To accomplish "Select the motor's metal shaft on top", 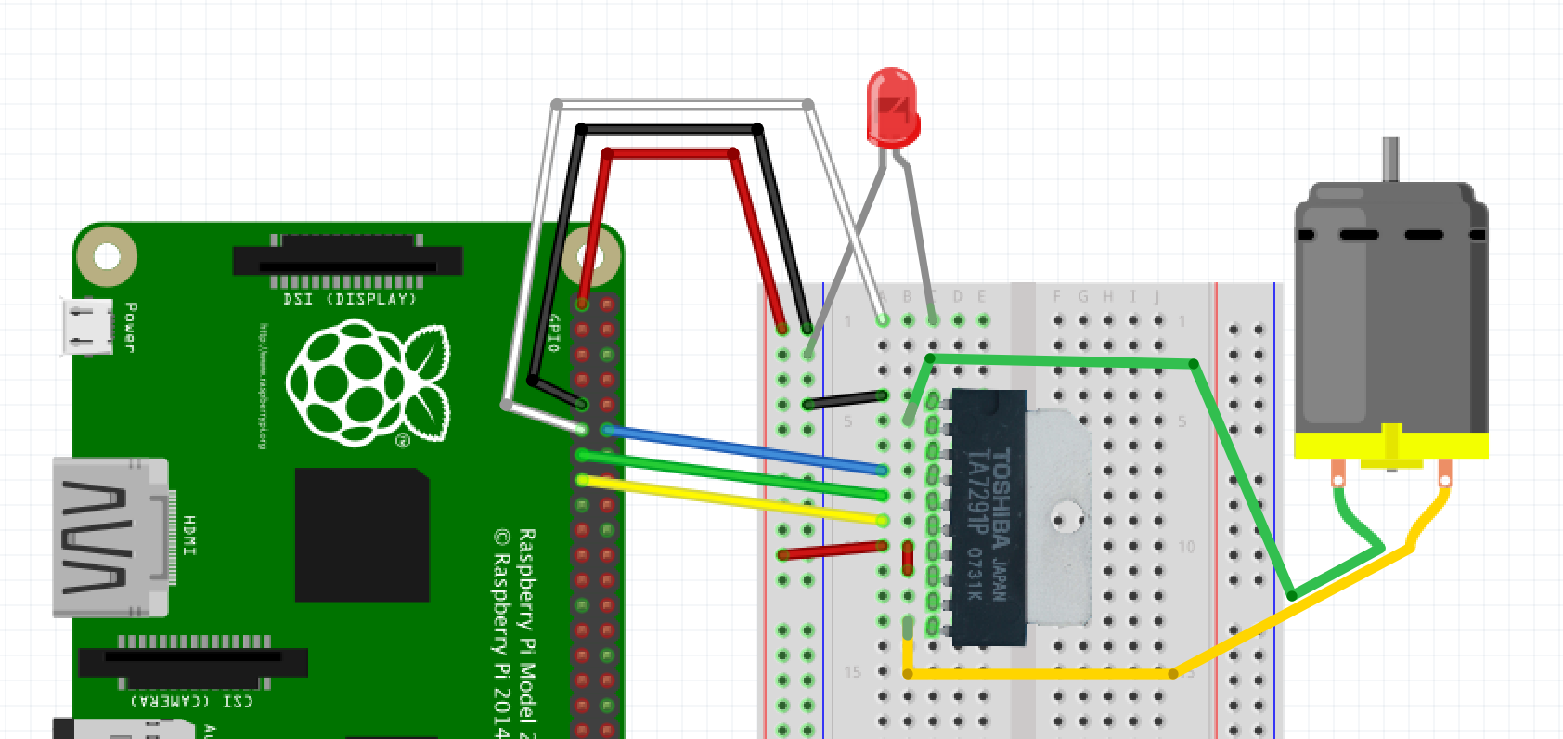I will click(x=1389, y=160).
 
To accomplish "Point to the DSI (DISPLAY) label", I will click(x=349, y=299).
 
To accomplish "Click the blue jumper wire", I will click(x=743, y=450).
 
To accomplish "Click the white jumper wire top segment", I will click(x=682, y=105).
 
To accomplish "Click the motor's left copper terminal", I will click(x=1337, y=473).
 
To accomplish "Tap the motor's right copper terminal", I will click(x=1444, y=474).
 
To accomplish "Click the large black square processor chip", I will click(x=362, y=535).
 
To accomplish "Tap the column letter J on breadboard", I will click(x=1156, y=297).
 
